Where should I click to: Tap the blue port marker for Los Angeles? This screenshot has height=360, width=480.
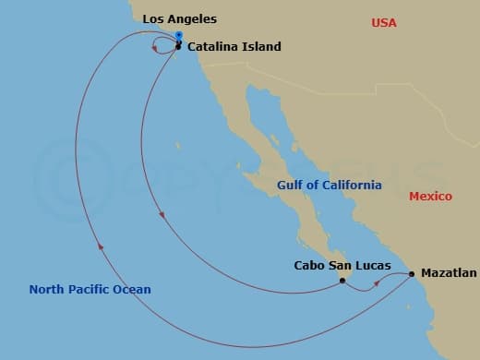click(179, 36)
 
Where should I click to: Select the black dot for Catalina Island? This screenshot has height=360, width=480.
click(178, 45)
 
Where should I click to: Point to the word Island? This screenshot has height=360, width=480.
click(263, 46)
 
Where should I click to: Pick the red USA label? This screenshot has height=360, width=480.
click(384, 22)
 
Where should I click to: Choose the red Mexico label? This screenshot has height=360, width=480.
click(430, 197)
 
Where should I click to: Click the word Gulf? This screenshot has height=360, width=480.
click(291, 186)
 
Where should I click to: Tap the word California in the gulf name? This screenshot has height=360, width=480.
click(351, 186)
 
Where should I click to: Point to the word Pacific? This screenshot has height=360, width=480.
click(92, 290)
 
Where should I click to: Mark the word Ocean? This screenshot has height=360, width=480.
click(133, 290)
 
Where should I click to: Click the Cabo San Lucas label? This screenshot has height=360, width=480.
click(342, 266)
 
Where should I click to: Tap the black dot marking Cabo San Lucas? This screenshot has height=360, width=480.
click(342, 281)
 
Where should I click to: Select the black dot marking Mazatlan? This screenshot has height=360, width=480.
click(412, 274)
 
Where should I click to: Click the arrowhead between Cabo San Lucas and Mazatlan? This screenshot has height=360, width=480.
click(376, 287)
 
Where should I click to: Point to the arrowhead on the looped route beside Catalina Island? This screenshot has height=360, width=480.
click(155, 47)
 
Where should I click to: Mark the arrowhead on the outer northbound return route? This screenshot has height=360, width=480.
click(100, 246)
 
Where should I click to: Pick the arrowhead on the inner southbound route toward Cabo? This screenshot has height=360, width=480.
click(162, 216)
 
